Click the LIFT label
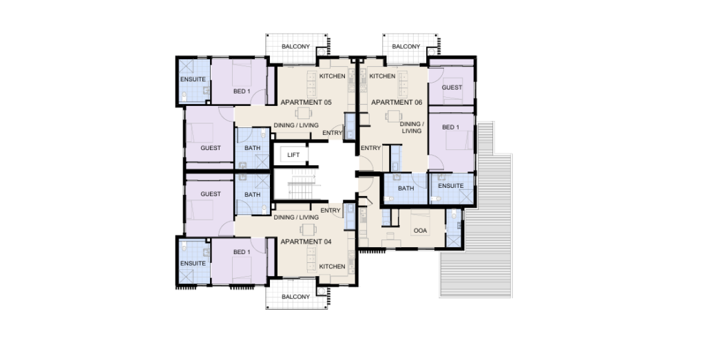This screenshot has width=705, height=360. tap(293, 155)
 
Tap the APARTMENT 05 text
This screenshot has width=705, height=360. tap(306, 103)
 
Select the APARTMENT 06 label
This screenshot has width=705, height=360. tap(397, 103)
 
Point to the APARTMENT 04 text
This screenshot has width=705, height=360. tap(306, 242)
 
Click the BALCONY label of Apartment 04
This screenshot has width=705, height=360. tap(296, 297)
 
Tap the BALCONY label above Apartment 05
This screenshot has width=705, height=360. tap(296, 47)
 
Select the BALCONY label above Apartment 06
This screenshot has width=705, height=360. tap(406, 47)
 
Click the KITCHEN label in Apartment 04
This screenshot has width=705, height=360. tap(332, 266)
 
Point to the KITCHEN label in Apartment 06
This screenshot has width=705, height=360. tap(382, 76)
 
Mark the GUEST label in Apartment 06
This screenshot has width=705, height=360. tap(452, 87)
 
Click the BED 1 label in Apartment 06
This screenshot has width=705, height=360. tap(450, 127)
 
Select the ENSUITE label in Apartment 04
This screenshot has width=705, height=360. tap(193, 263)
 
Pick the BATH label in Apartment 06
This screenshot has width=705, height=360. tap(406, 188)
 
